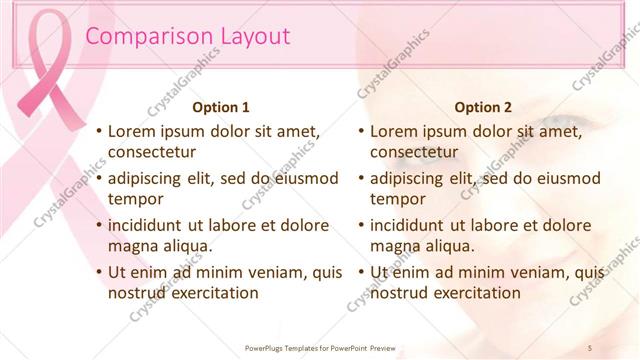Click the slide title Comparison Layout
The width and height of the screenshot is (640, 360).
pos(188,37)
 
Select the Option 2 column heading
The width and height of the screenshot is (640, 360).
pos(483,107)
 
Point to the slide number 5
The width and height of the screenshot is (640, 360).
pos(590,347)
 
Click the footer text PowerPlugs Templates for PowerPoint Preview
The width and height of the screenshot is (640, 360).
pos(320,347)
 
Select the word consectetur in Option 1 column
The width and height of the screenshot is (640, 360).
pos(152,152)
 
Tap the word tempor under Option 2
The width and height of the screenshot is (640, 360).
pos(397,198)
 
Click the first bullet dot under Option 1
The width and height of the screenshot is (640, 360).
pos(98,132)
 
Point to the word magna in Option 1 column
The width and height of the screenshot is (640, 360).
pos(131,245)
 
